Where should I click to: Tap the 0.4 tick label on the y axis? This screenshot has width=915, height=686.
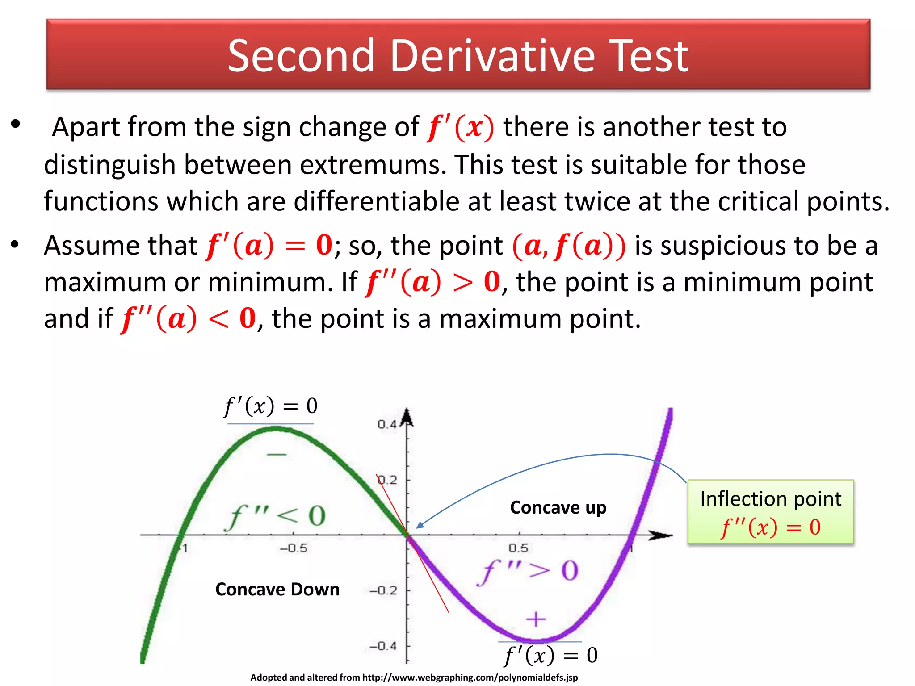point(387,424)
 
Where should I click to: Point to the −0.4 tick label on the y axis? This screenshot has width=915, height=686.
point(383,646)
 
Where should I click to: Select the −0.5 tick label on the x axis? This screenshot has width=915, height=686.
point(294,548)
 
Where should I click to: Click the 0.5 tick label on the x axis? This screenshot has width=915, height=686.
point(518,548)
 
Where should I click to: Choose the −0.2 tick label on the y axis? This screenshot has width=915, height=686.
point(383,590)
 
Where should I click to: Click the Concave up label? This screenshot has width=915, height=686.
point(558,507)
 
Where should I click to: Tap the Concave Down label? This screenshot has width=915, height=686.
point(277,589)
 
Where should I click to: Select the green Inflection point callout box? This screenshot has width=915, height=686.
point(771,512)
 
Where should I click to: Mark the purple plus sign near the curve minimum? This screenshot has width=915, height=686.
point(536,619)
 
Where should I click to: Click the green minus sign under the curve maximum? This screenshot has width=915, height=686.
point(277,455)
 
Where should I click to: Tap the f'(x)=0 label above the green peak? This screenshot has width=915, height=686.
point(271,406)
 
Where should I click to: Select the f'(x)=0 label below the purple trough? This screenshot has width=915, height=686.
point(551,655)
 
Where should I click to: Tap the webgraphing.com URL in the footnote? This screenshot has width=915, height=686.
point(470,678)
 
